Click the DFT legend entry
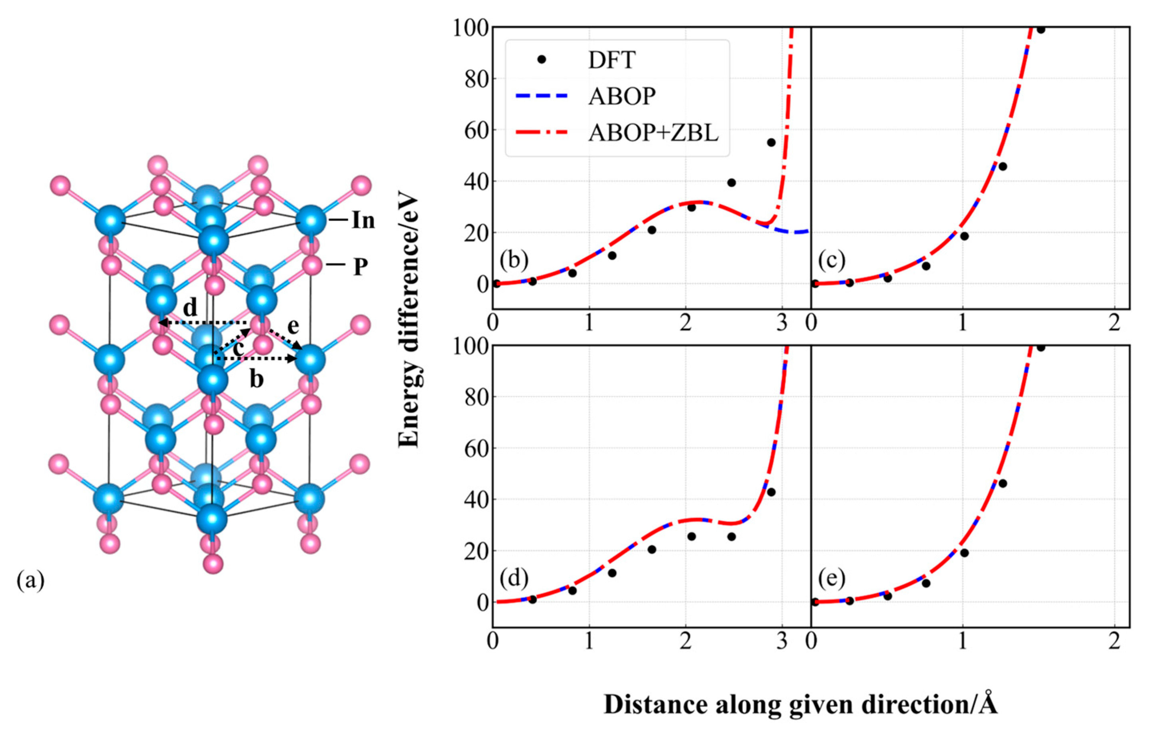click(x=611, y=60)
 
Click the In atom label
click(x=363, y=221)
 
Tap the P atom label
click(x=360, y=267)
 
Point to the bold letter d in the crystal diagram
click(x=190, y=309)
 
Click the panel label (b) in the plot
click(x=514, y=261)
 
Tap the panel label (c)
click(x=831, y=261)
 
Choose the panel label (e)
click(x=831, y=579)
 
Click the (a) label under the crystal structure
click(x=30, y=581)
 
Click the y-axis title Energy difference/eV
click(x=409, y=321)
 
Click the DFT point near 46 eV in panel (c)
click(x=1002, y=167)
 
